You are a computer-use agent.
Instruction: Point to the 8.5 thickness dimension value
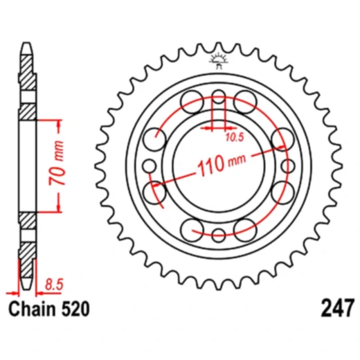coord(52,283)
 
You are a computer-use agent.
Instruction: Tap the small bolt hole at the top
coord(219,96)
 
